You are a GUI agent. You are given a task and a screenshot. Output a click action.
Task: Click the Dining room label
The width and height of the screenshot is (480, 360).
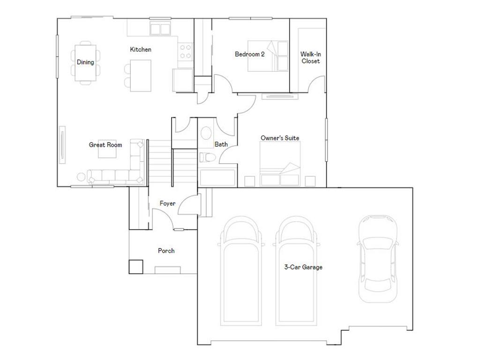tap(85, 62)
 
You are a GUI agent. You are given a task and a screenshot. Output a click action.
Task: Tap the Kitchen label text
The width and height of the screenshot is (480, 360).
tap(141, 49)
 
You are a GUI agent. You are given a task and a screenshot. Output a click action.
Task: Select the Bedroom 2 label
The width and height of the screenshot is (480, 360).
tap(250, 54)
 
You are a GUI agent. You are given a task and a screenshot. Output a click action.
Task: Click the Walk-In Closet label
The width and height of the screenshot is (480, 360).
tap(310, 57)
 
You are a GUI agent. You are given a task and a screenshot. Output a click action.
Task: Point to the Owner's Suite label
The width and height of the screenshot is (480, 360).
tap(280, 138)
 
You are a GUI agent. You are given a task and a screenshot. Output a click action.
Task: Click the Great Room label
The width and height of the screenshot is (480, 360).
tap(105, 145)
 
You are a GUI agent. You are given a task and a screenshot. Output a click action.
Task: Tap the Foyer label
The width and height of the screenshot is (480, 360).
tap(167, 203)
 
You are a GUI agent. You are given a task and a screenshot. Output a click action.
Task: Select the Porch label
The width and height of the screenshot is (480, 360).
tap(166, 251)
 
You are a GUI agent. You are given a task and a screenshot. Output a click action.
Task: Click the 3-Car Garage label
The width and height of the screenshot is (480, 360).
tap(303, 267)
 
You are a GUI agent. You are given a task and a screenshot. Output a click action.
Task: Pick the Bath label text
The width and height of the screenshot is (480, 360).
tap(221, 144)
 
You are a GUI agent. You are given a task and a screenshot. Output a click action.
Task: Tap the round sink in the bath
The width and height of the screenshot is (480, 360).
tap(206, 133)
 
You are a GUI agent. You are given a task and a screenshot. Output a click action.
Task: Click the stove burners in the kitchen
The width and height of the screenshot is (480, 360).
tap(186, 51)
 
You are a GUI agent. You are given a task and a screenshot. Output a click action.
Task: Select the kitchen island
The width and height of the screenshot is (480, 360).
tap(141, 75)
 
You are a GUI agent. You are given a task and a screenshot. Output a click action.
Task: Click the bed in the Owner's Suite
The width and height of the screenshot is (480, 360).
tap(280, 164)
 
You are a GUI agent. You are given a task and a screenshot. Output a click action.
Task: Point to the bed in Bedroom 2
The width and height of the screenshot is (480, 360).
tap(268, 56)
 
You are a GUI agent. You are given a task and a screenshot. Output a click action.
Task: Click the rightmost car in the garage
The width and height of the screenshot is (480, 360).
tap(377, 258)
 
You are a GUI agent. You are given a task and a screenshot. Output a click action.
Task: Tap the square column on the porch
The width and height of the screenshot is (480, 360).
tap(136, 266)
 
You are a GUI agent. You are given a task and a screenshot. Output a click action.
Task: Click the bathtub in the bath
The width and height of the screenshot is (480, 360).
tap(218, 178)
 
